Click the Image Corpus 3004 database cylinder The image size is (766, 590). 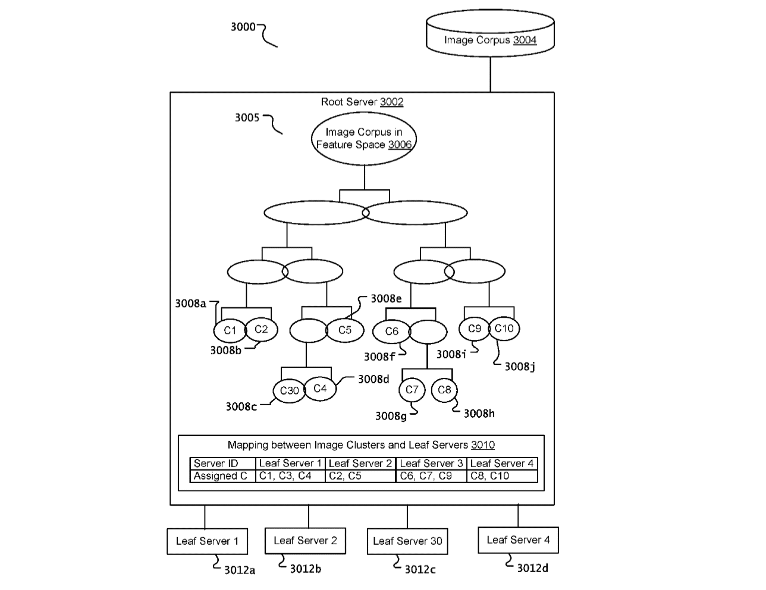tap(490, 36)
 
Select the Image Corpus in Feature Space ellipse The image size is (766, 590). tap(364, 139)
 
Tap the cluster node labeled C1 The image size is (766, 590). tap(230, 330)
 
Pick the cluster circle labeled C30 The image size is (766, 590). tap(289, 391)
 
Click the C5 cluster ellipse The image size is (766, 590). tap(345, 330)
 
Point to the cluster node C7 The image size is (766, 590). tap(412, 390)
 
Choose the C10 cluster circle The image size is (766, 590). tap(504, 329)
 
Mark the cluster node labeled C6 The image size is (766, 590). tap(391, 332)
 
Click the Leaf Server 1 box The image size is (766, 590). tap(207, 541)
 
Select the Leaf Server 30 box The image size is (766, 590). tap(407, 541)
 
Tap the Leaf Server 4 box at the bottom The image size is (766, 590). tap(518, 540)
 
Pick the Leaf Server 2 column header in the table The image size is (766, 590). tap(360, 463)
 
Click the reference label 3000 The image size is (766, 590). tap(243, 27)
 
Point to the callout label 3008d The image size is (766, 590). tap(373, 379)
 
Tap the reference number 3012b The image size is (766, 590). tap(305, 569)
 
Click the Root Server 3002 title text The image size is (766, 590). tap(362, 102)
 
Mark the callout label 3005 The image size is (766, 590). tap(247, 118)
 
